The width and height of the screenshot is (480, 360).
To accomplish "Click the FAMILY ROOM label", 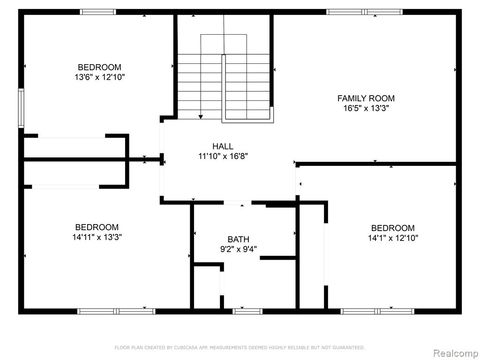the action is pos(366,98).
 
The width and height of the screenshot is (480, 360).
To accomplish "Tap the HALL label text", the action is pos(223,146).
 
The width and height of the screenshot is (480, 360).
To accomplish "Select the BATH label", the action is pos(239,239).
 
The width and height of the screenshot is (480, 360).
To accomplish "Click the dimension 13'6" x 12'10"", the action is pos(100,77).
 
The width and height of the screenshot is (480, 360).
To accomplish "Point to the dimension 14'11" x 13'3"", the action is pos(97,237).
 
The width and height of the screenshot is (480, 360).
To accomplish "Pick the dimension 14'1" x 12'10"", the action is pos(393,238).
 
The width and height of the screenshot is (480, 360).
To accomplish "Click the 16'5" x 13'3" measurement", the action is pos(366,108).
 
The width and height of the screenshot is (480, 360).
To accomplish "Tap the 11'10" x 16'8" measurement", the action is pos(223,156).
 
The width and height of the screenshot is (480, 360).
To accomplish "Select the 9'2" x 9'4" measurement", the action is pos(239,249).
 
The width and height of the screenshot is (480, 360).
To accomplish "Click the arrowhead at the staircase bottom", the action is pos(201,117).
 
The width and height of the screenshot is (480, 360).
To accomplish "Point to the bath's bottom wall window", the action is pos(247,311).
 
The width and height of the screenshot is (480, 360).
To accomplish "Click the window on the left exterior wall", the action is pos(21,108).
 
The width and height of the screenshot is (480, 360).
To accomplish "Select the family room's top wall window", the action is pos(364,12).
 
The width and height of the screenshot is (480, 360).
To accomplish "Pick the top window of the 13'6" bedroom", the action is pos(98,12).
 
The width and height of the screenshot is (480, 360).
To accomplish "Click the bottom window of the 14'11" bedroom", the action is pos(116,311).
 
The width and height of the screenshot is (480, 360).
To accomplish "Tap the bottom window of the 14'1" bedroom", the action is pos(377,311).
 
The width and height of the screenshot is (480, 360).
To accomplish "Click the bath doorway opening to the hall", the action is pos(237,202).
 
